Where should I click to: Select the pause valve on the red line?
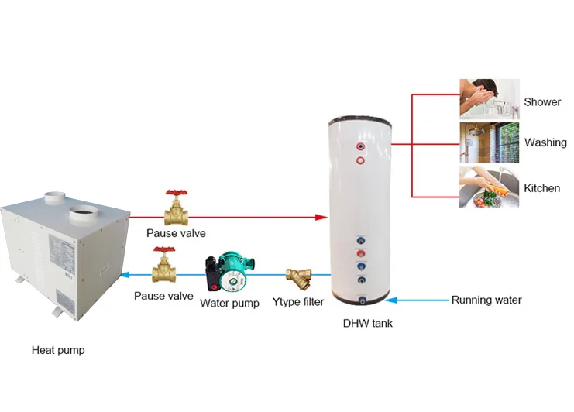tap(177, 209)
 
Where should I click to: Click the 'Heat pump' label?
tap(58, 350)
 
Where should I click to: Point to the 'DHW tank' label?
tap(367, 323)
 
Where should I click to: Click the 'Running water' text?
tap(486, 300)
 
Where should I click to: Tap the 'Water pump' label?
tap(229, 303)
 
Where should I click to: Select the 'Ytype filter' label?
tap(298, 302)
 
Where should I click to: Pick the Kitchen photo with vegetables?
tap(488, 187)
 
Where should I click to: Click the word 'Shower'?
tap(542, 102)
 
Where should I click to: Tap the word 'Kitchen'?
tap(542, 188)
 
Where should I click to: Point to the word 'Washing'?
tap(545, 142)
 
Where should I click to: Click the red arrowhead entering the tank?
tap(321, 218)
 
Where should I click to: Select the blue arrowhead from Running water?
tap(390, 300)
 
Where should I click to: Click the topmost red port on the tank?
tap(360, 145)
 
